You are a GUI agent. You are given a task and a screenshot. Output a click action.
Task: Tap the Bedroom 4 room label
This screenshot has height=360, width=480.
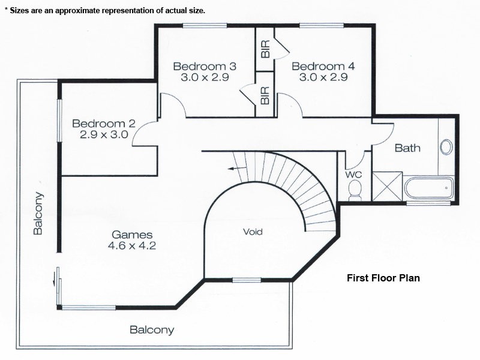click(323, 66)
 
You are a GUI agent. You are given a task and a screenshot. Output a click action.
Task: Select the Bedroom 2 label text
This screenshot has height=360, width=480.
click(104, 124)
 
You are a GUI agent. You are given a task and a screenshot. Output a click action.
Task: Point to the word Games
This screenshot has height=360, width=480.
click(132, 235)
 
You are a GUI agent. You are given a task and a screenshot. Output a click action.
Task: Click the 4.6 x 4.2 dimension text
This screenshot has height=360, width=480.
click(132, 245)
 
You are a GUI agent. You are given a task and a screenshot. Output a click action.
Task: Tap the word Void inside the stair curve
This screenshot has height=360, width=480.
click(253, 232)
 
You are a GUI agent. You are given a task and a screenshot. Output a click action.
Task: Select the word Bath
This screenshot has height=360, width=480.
click(407, 148)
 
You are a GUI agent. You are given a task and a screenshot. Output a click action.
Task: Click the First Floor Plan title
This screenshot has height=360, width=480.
click(383, 278)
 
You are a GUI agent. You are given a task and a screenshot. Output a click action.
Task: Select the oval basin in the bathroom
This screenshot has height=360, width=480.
click(446, 146)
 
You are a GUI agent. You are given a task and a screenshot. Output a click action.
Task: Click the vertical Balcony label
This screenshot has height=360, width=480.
click(38, 213)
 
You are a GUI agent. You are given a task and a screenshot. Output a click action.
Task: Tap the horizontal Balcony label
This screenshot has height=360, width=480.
click(152, 329)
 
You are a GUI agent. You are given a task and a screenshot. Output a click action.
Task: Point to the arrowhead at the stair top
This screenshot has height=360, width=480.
click(231, 169)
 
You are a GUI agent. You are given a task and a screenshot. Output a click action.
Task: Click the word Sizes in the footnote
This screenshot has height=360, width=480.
click(21, 11)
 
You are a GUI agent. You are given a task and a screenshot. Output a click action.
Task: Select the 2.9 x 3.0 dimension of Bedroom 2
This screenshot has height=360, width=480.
click(104, 135)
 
